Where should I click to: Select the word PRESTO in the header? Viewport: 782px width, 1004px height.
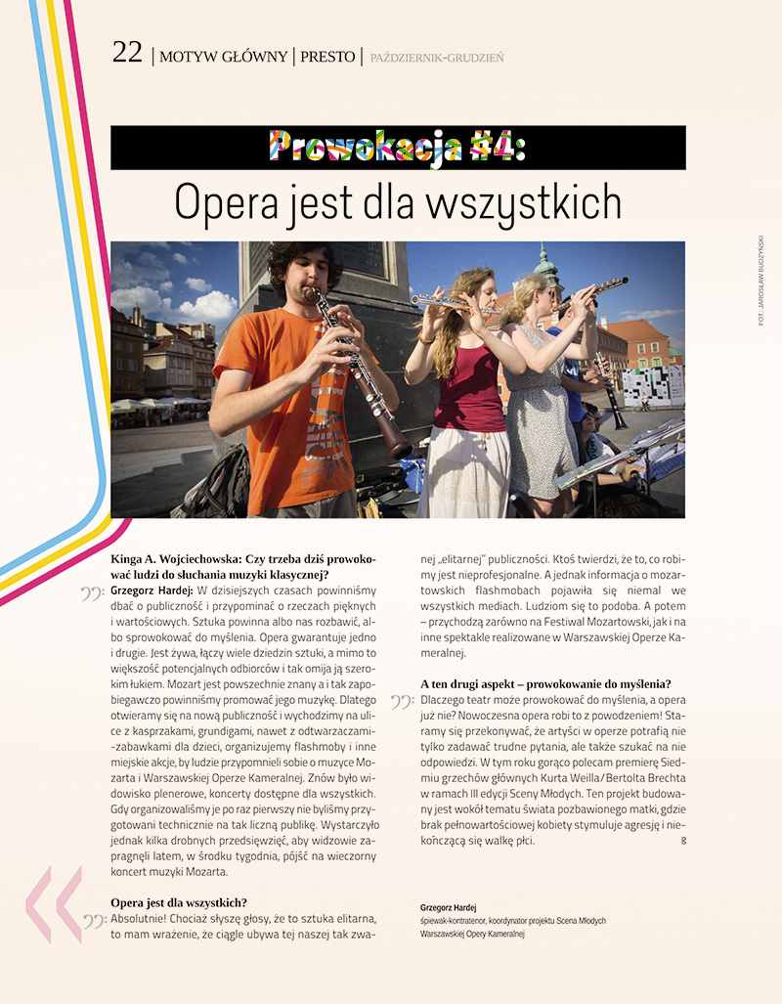point(328,57)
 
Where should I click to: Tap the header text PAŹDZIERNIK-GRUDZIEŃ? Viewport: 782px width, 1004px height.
point(437,59)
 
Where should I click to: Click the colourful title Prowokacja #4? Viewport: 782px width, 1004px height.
point(398,148)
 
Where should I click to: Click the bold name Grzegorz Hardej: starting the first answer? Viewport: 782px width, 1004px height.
point(152,591)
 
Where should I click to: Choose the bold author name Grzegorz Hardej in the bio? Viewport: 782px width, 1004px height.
point(448,907)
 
